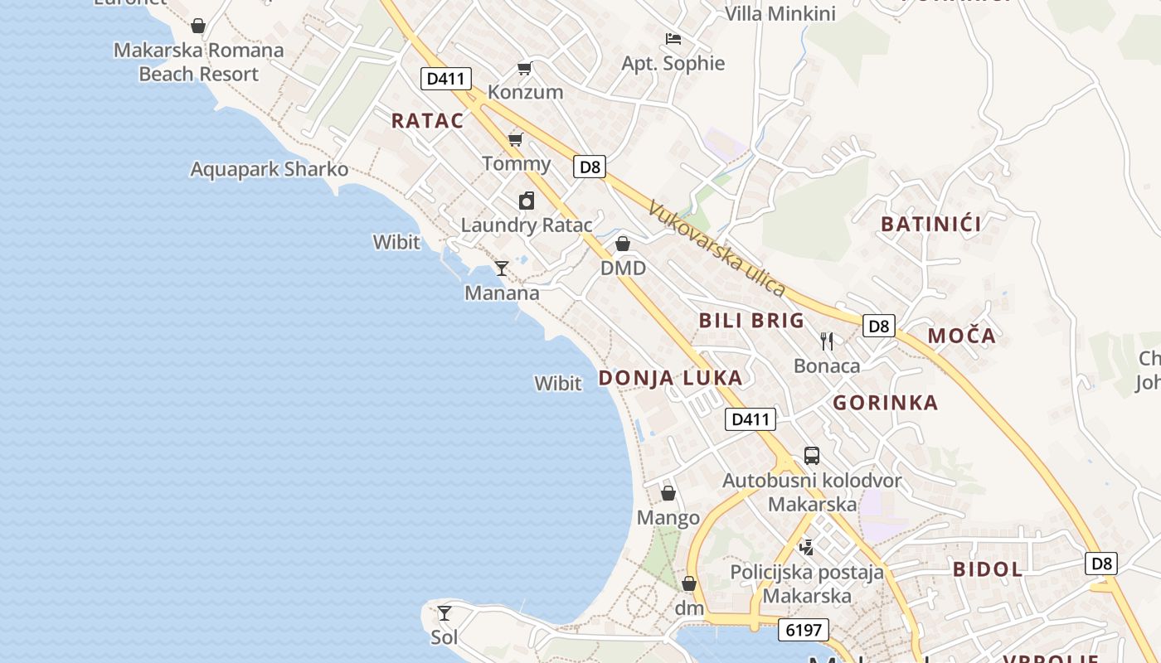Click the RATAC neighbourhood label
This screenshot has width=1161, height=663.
coord(427,120)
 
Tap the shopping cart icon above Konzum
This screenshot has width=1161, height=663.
coord(524,68)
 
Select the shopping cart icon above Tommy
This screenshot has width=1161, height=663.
coord(515,139)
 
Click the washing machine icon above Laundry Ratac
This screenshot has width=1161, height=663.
coord(527,201)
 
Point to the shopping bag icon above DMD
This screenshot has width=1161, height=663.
coord(623,244)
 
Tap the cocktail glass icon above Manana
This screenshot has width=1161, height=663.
coord(501,268)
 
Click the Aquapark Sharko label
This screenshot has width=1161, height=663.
coord(270,169)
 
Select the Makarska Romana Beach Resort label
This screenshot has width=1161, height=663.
coord(199,62)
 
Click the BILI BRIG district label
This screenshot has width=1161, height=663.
coord(751,321)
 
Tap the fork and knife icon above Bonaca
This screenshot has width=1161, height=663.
coord(827,341)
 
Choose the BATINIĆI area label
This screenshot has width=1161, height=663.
coord(931,224)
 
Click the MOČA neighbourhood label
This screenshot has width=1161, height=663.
coord(961,336)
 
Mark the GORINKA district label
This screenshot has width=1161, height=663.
coord(886,403)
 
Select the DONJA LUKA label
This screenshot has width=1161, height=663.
coord(670,378)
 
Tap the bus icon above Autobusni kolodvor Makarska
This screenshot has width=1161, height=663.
coord(812,455)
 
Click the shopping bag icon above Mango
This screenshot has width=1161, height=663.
coord(668,493)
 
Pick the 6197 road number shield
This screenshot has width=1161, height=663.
coord(804,630)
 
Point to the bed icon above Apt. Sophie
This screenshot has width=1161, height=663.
coord(673,38)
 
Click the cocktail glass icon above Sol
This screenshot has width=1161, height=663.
coord(444,613)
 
